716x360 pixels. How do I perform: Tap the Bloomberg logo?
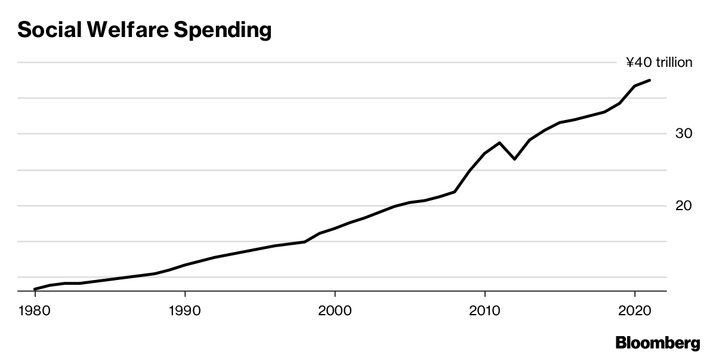click(658, 343)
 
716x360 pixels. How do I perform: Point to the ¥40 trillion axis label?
click(659, 62)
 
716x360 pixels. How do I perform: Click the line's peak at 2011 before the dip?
click(499, 143)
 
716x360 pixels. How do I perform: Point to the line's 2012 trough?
click(514, 159)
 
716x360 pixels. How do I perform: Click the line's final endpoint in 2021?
click(650, 80)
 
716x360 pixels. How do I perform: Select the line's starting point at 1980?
click(35, 289)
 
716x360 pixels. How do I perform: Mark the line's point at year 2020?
click(634, 86)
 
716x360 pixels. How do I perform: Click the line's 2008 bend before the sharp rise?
click(455, 192)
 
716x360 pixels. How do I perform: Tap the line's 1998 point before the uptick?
click(305, 242)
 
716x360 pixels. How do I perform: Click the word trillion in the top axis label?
click(674, 62)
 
